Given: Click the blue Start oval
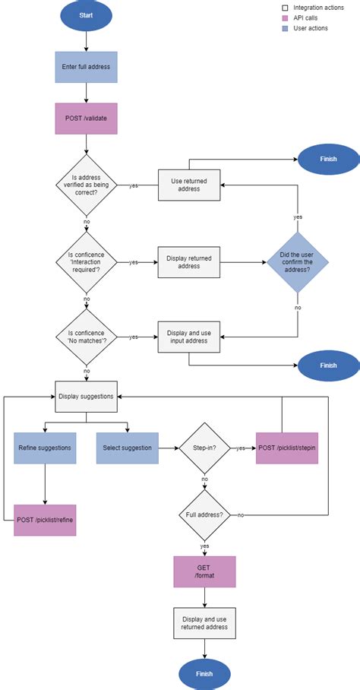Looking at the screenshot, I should [x=86, y=15].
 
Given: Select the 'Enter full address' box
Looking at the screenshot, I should [x=86, y=67].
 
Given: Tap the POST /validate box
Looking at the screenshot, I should [x=86, y=119].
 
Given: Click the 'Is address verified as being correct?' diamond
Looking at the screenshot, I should [x=86, y=185].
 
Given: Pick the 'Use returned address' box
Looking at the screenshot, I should [x=188, y=185].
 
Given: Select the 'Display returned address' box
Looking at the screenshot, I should [x=188, y=262].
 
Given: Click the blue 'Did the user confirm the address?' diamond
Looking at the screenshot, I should [x=297, y=262].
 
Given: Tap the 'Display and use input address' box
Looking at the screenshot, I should [x=188, y=336].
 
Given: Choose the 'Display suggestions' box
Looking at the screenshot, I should [x=86, y=396].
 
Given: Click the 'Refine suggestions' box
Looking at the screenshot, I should [x=45, y=448].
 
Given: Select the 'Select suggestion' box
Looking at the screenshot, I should [x=127, y=448].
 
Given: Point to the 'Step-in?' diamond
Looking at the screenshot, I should [x=204, y=448].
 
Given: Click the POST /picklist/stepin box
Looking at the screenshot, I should [x=287, y=448].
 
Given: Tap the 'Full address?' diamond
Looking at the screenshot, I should [x=204, y=515].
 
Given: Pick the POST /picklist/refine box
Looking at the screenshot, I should [x=45, y=521].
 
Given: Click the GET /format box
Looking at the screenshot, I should [x=204, y=571].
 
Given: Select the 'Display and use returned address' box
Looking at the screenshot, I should [x=204, y=622].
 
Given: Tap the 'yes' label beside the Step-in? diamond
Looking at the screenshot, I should [x=242, y=448].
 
